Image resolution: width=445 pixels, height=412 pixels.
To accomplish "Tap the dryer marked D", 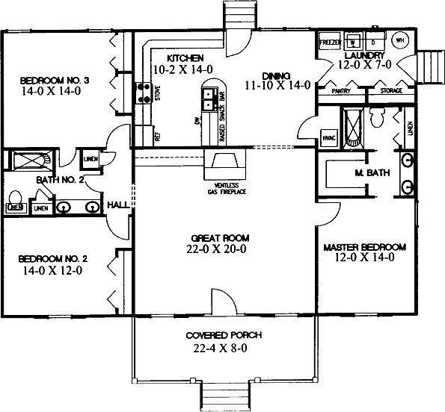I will [x=372, y=40].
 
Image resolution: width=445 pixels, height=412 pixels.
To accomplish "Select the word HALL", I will [x=118, y=203].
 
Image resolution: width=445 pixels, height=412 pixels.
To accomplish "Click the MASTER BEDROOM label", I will [x=364, y=246].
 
